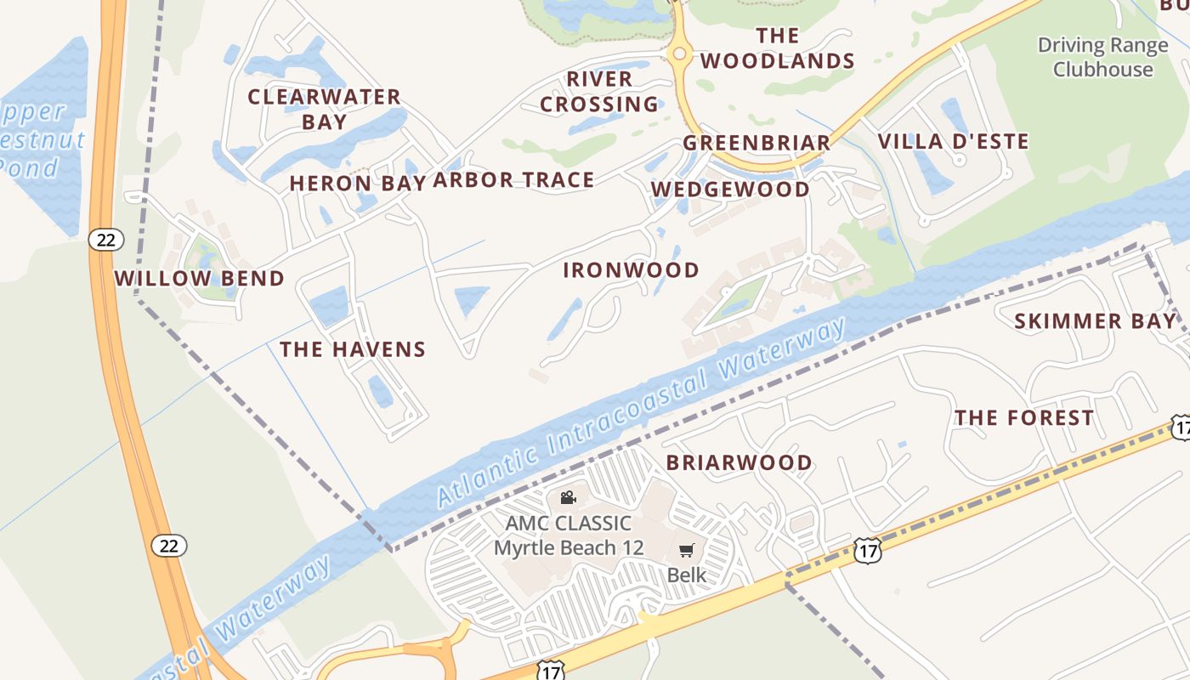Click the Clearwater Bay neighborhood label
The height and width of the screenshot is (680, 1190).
click(x=324, y=109)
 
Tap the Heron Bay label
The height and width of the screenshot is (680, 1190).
click(x=357, y=183)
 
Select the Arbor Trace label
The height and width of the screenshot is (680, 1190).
click(x=513, y=179)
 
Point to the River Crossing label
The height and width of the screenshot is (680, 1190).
click(x=599, y=92)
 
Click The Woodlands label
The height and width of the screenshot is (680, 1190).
click(x=777, y=48)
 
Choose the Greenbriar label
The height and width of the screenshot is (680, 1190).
click(x=756, y=143)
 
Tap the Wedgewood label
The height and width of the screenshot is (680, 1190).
click(x=730, y=189)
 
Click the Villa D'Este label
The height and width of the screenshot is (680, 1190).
click(x=953, y=141)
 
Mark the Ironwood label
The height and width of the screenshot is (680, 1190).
click(x=631, y=270)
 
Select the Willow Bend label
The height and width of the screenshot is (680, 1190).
click(x=200, y=278)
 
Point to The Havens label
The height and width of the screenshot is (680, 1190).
click(x=353, y=348)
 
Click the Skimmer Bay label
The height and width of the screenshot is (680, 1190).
click(x=1095, y=320)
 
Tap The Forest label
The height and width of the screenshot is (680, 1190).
click(x=1023, y=417)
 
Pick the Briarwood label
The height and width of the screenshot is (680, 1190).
click(x=739, y=462)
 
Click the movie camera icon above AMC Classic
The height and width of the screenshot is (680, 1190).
click(x=569, y=497)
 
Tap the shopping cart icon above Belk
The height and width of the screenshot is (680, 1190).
click(x=687, y=550)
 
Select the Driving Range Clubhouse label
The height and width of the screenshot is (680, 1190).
click(x=1102, y=57)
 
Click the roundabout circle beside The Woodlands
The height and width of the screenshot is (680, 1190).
click(x=678, y=54)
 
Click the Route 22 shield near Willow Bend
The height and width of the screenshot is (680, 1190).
click(x=105, y=240)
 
